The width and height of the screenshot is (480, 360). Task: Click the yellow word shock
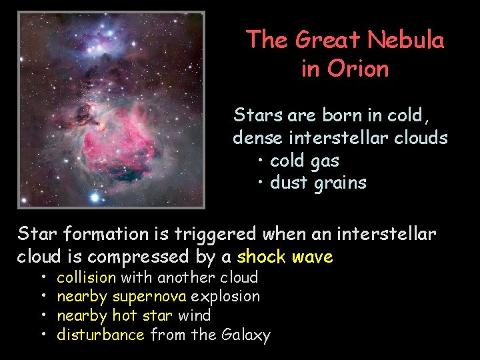click(261, 257)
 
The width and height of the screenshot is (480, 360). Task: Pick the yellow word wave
click(311, 257)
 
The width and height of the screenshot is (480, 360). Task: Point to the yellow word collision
click(86, 277)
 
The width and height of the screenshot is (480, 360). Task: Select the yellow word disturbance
click(100, 335)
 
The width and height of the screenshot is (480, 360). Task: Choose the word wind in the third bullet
click(194, 315)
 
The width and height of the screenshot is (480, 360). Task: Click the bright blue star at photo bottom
click(95, 197)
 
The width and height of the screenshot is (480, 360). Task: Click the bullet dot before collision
click(42, 277)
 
